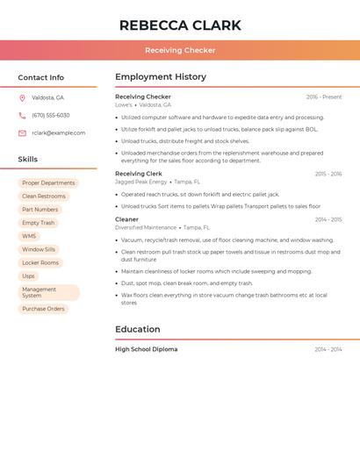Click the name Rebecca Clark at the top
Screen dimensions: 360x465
point(180,25)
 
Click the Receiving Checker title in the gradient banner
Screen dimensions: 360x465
point(180,50)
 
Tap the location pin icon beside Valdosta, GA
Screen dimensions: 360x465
point(22,97)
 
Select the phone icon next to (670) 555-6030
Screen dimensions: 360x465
point(22,115)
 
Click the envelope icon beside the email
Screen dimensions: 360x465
point(22,133)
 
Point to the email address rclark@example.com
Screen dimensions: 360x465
point(58,133)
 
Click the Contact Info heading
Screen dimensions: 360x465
point(41,77)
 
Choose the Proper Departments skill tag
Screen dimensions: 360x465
point(48,183)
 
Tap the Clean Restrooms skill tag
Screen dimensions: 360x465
point(44,197)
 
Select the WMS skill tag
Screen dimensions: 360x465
point(29,236)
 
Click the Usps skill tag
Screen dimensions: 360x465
point(29,275)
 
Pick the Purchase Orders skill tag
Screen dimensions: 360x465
point(43,309)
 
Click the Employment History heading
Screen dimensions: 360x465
point(161,77)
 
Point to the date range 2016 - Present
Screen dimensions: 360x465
point(324,97)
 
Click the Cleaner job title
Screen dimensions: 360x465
point(126,219)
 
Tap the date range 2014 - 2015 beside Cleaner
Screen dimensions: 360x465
point(328,219)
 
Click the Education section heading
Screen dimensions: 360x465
point(138,330)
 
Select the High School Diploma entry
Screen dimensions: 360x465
point(146,349)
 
